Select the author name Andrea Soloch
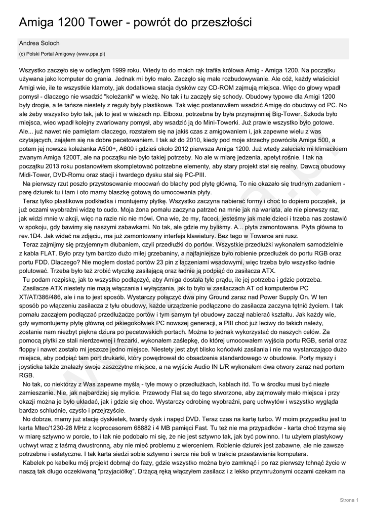(39, 44)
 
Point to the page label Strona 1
(349, 500)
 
